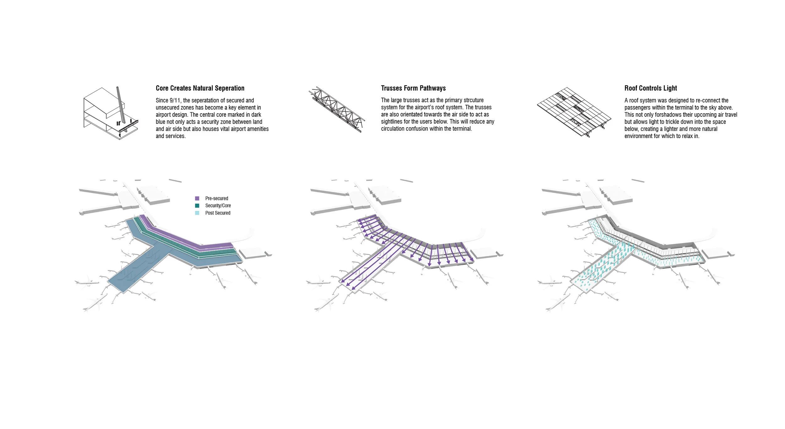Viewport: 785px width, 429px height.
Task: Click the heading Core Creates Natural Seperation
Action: [x=200, y=88]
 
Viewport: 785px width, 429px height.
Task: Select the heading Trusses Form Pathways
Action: [x=413, y=88]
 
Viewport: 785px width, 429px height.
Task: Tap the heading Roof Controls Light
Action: [x=651, y=88]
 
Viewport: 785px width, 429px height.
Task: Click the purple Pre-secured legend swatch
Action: [x=197, y=198]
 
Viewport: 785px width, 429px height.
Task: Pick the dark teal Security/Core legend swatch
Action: [x=197, y=206]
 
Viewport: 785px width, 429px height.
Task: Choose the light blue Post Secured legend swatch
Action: [x=197, y=213]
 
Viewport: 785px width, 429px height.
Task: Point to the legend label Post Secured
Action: [x=218, y=213]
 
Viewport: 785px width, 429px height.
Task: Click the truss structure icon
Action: [x=337, y=109]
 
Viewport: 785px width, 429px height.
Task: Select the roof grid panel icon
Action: [x=574, y=111]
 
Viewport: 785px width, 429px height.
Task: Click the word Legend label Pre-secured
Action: [x=217, y=198]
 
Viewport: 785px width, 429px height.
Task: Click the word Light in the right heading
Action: [x=670, y=88]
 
